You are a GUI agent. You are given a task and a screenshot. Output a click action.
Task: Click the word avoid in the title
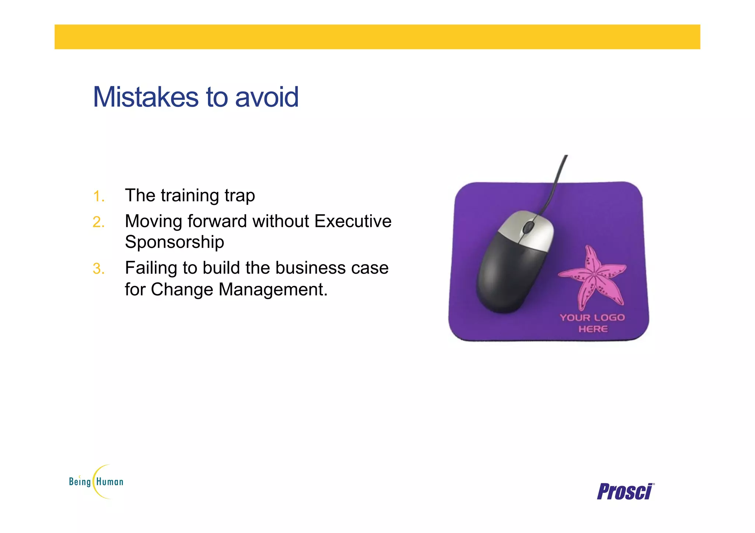click(x=267, y=97)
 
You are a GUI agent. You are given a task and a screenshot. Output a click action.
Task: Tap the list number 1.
click(x=98, y=196)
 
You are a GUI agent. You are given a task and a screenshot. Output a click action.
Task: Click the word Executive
click(x=353, y=221)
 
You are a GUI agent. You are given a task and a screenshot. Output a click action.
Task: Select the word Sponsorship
click(x=174, y=242)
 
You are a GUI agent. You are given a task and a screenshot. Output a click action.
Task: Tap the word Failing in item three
click(x=151, y=268)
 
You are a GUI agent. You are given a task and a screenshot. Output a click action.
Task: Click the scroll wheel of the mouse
click(x=528, y=227)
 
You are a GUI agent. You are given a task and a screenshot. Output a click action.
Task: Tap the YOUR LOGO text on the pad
click(x=592, y=318)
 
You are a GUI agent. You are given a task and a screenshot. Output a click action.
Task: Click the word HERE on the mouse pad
click(x=593, y=329)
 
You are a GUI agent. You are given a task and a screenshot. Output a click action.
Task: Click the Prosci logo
click(x=625, y=492)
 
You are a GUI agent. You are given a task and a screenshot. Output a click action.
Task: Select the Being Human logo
click(x=96, y=481)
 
